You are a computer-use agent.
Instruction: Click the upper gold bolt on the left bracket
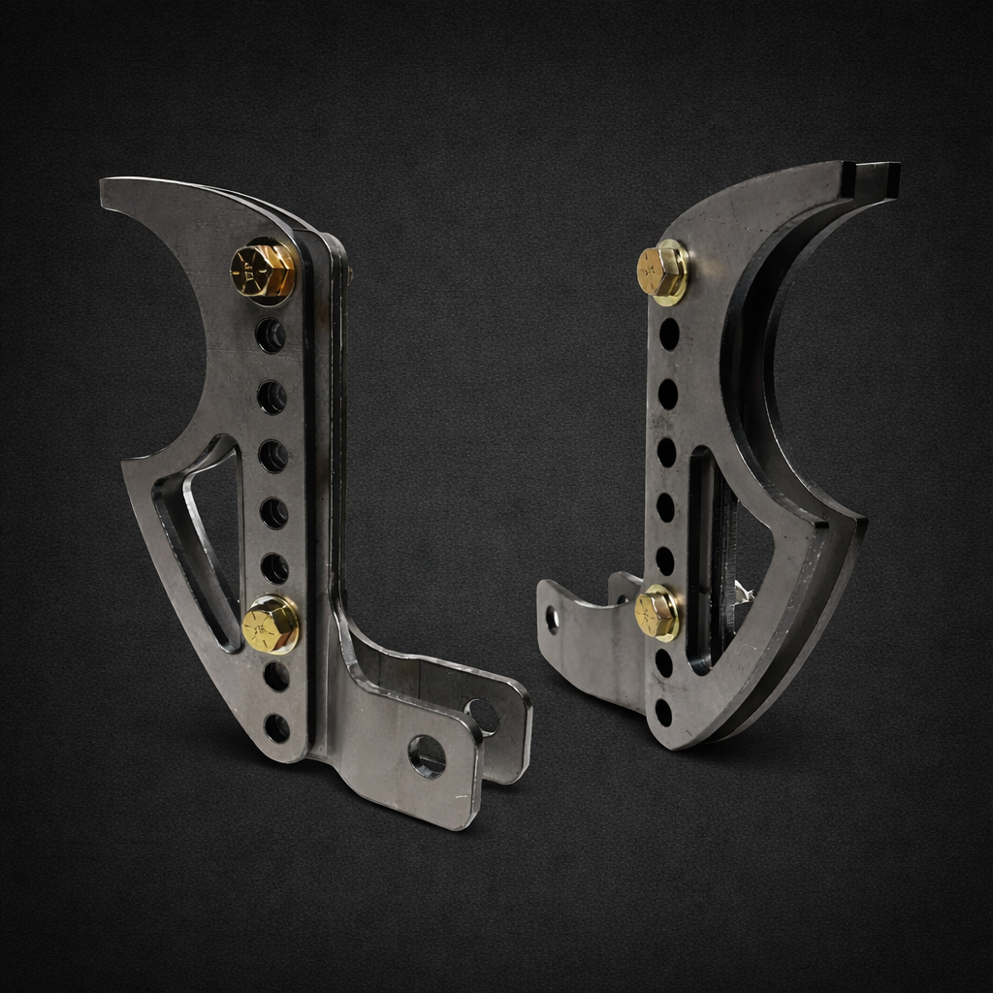(264, 270)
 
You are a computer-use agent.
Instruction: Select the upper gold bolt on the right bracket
(663, 272)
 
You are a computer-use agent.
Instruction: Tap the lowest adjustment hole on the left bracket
(276, 727)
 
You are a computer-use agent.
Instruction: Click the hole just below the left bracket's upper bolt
(270, 336)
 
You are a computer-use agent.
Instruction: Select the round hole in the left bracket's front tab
(427, 755)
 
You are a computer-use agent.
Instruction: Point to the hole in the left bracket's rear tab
(482, 716)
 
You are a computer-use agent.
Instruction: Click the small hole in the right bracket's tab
(553, 619)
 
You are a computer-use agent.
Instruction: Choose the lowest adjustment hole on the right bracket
(663, 713)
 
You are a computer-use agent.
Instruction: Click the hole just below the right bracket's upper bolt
(669, 334)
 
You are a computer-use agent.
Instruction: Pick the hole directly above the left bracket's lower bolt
(274, 568)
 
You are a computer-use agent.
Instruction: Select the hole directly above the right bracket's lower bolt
(664, 561)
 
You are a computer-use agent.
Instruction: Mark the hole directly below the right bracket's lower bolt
(663, 663)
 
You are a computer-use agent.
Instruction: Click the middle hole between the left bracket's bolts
(272, 455)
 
